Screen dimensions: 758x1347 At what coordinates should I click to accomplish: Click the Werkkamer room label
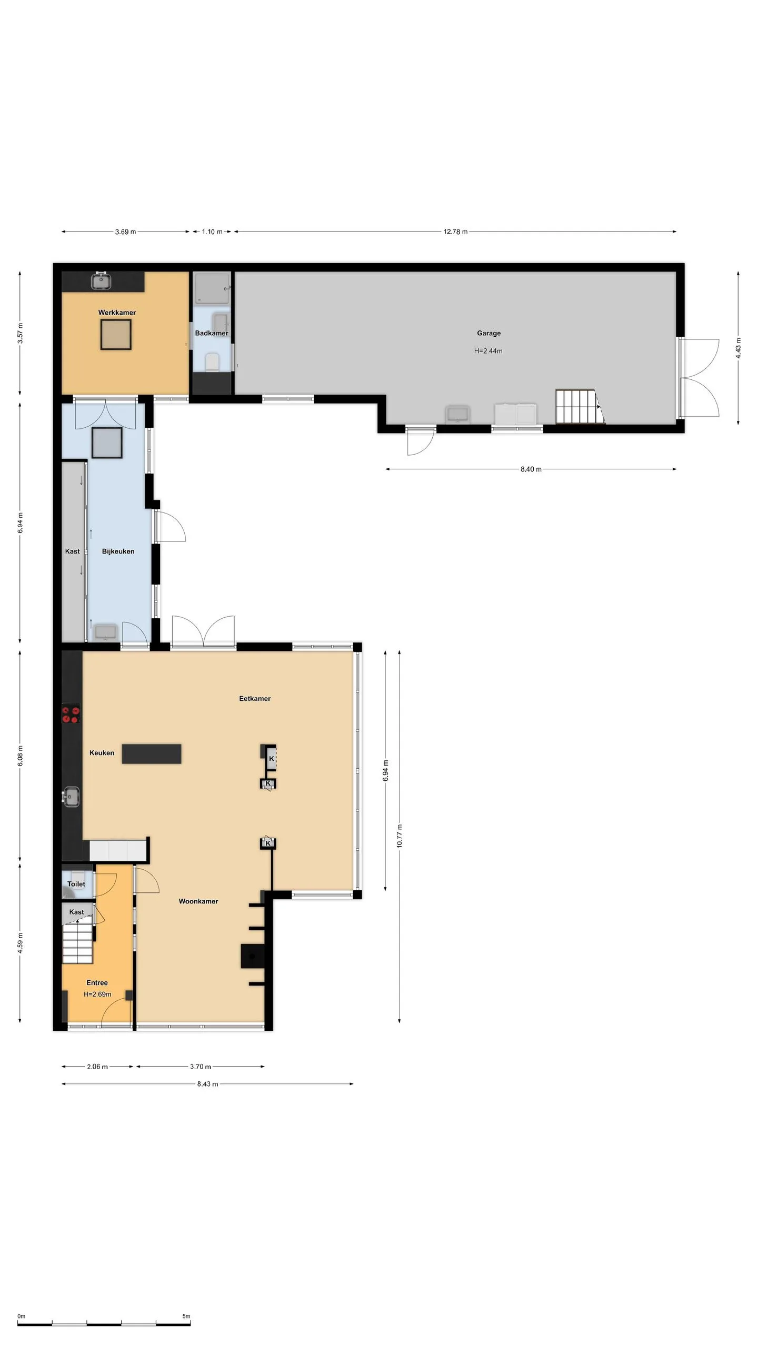coord(117,313)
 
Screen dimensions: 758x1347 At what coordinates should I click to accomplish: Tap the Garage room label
coord(488,333)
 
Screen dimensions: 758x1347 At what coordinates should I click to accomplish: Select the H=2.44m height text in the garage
coord(488,351)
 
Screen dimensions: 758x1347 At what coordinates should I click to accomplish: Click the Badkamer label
coord(212,333)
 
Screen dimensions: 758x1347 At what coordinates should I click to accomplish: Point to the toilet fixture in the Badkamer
coord(212,362)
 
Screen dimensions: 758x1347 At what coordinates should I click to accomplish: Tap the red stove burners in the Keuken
coord(71,715)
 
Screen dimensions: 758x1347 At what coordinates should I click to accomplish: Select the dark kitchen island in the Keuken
coord(152,753)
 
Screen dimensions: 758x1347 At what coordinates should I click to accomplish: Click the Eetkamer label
coord(255,699)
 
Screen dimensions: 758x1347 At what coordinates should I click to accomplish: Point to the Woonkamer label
coord(198,901)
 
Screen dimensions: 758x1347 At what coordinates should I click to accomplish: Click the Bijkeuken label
coord(118,551)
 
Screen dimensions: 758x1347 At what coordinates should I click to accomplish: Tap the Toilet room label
coord(76,884)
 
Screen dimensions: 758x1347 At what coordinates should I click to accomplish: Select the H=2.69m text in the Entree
coord(97,994)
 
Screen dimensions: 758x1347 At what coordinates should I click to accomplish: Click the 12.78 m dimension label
coord(455,232)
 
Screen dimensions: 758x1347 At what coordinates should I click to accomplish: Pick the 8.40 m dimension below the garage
coord(531,469)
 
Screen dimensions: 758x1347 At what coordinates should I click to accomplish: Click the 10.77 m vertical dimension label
coord(400,836)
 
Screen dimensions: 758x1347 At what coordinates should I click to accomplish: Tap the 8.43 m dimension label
coord(207,1084)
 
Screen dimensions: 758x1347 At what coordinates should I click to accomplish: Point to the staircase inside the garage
coord(580,406)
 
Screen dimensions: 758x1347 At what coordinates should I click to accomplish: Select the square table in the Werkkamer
coord(116,334)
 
